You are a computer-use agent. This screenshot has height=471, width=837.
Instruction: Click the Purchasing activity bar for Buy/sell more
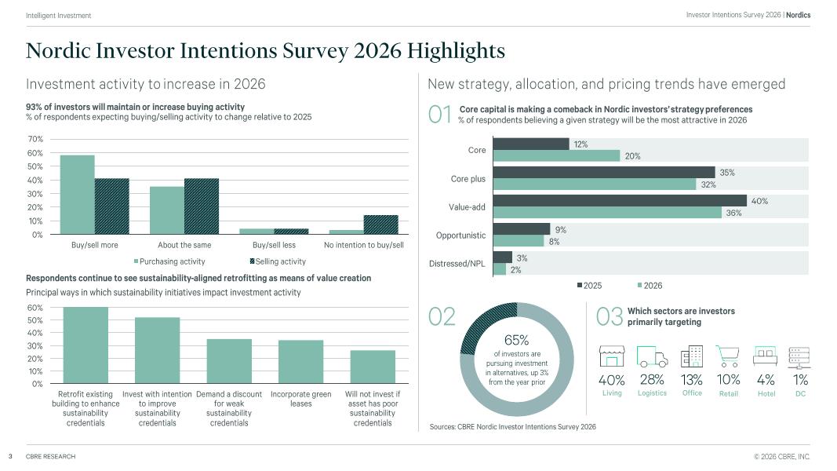(77, 194)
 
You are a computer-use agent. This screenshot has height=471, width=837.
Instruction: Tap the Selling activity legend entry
(278, 261)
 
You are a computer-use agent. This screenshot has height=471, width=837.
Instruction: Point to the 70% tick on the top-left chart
(36, 139)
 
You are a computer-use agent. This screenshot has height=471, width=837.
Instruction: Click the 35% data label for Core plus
(726, 173)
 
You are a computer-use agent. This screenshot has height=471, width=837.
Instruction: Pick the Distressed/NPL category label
(457, 264)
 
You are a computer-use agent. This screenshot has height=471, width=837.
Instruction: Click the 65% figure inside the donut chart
(516, 340)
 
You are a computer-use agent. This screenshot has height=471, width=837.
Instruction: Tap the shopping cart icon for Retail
(728, 356)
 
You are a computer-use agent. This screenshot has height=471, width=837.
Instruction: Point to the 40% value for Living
(612, 380)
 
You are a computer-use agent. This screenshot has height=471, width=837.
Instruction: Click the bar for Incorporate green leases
(300, 362)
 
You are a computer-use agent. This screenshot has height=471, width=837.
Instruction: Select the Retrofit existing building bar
(86, 345)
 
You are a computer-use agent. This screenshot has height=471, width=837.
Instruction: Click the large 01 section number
(440, 115)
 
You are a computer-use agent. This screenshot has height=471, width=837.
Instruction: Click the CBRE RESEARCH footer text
(50, 457)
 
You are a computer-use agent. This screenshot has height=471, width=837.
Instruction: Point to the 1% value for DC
(800, 380)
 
